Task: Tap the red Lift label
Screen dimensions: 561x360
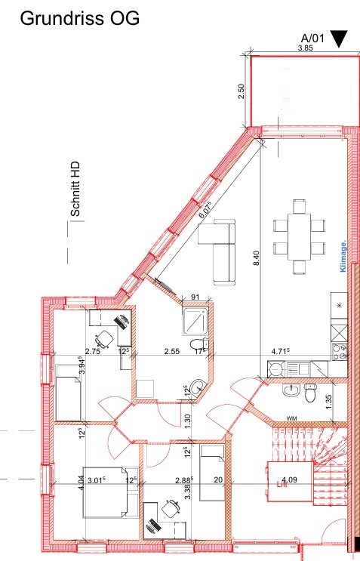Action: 282,487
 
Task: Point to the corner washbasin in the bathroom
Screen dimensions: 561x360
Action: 195,386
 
